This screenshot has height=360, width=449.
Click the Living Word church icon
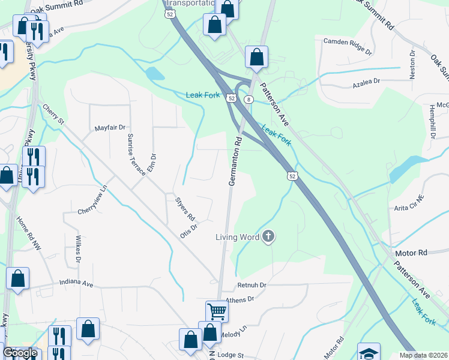268,236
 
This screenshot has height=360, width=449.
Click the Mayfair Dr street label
110,128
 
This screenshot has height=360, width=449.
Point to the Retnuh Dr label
252,284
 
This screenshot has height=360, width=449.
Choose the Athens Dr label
240,299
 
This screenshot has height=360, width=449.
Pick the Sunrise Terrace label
136,154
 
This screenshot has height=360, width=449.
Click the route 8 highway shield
248,99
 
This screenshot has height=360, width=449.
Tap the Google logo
20,353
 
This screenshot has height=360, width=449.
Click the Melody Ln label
235,331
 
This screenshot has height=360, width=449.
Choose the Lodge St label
231,355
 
